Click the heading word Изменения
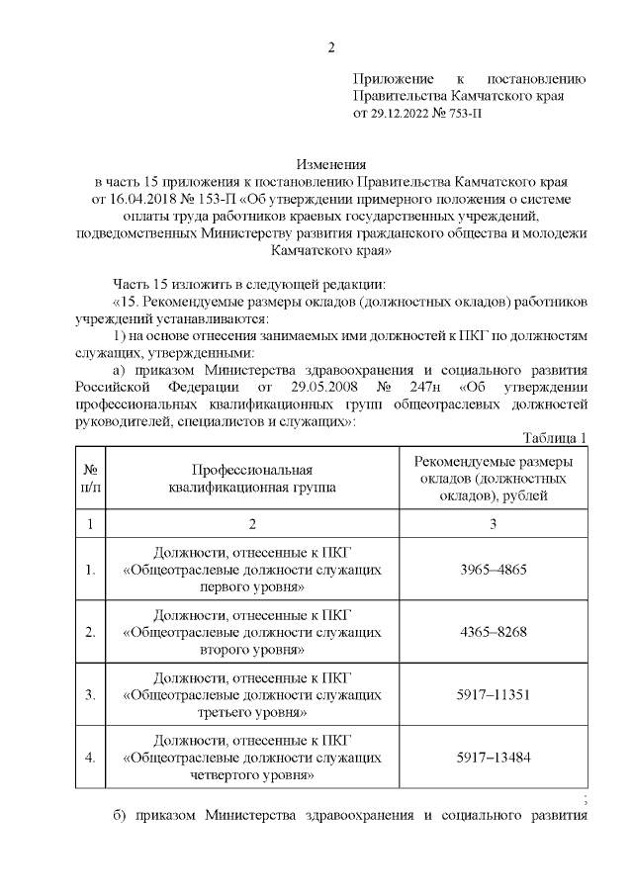pos(332,164)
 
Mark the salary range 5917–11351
pos(494,695)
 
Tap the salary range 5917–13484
pos(494,758)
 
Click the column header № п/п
pos(90,479)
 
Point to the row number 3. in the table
pos(90,695)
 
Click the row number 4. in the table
pos(90,758)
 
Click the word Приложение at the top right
pos(394,79)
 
